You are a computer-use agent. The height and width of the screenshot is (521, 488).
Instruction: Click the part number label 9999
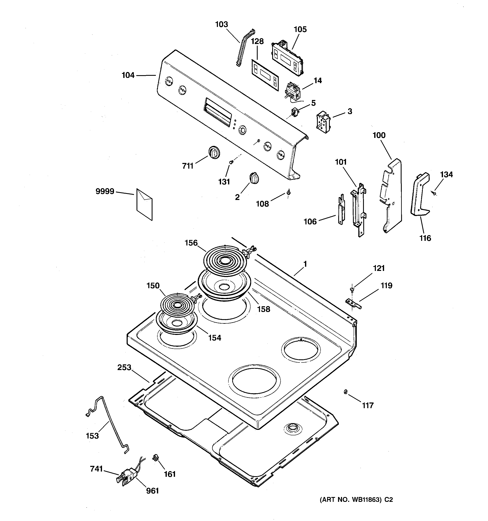105,192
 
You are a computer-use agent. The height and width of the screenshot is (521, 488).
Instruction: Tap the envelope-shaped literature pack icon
144,204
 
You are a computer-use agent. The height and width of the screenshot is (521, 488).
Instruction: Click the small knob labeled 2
254,179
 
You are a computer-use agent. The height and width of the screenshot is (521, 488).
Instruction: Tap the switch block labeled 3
324,122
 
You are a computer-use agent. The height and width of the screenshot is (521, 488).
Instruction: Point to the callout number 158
264,309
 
